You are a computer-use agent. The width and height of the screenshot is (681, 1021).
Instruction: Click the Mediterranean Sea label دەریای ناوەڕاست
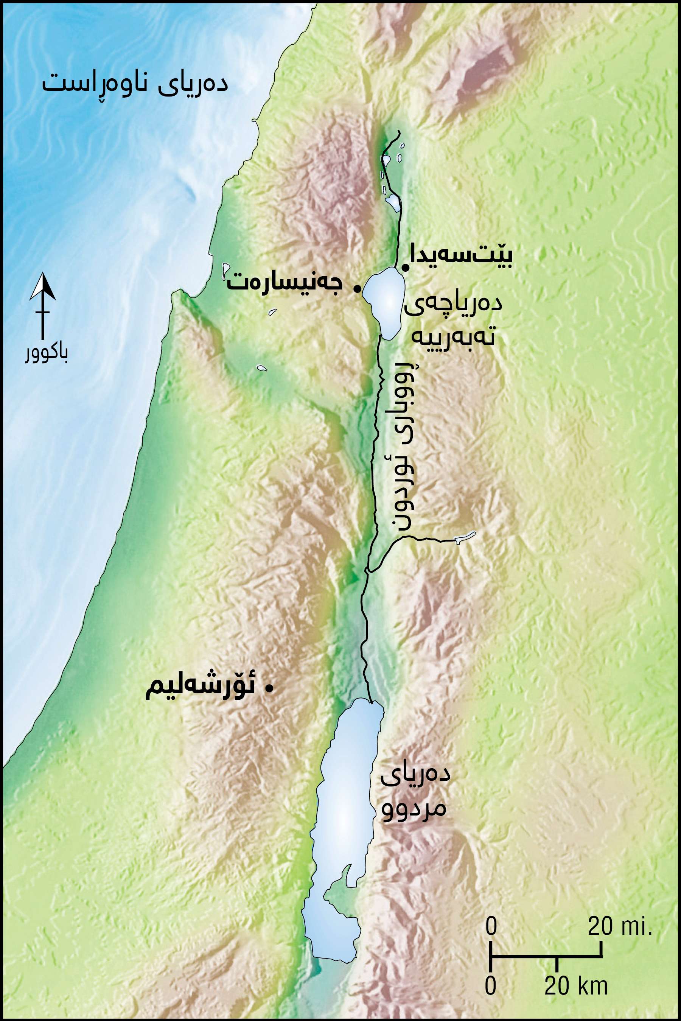point(135,82)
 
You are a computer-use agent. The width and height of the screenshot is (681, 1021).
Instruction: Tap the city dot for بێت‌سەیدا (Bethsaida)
point(404,268)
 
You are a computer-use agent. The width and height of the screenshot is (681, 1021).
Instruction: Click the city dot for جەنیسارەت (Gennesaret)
point(357,288)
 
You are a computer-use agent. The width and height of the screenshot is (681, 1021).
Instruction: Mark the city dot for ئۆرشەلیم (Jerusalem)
point(270,688)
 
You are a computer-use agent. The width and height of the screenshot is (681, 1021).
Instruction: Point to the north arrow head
point(42,286)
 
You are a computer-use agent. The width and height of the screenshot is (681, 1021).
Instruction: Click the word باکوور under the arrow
point(46,355)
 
